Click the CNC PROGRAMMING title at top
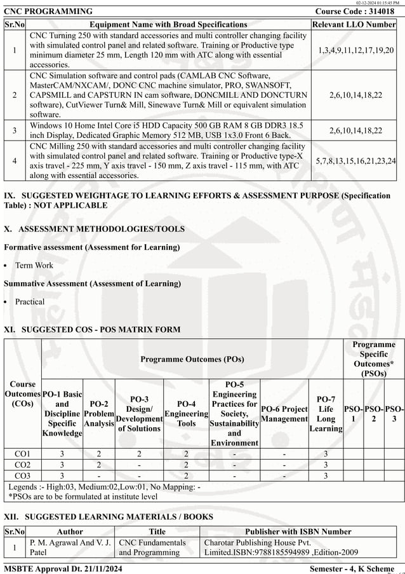tap(48, 11)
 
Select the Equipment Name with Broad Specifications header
tap(168, 24)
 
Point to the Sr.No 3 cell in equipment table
tap(15, 130)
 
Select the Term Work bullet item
tap(34, 265)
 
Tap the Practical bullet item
tap(30, 302)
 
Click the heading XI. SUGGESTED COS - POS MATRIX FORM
tap(92, 329)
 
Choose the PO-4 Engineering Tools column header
tap(186, 413)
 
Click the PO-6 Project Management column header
tap(284, 413)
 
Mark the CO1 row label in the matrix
tap(23, 453)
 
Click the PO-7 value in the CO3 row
tap(326, 475)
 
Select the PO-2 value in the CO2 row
tap(98, 465)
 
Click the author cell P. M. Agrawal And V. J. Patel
tap(70, 547)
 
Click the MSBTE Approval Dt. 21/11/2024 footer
tap(63, 568)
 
